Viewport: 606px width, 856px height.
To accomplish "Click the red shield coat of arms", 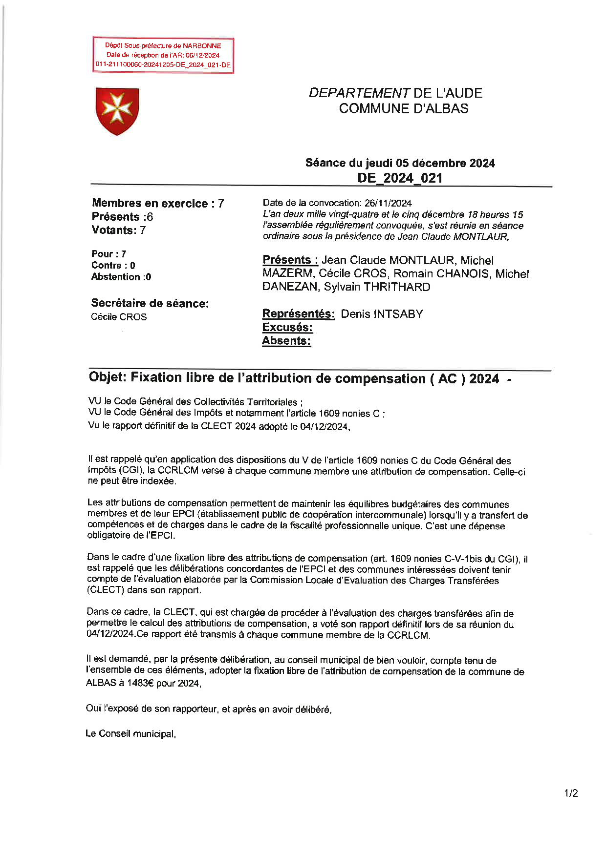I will tap(117, 111).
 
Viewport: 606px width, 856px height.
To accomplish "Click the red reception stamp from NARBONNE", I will tap(163, 55).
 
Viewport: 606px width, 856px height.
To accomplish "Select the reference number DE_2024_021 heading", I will tap(400, 178).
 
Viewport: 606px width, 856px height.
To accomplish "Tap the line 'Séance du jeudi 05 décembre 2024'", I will tap(400, 163).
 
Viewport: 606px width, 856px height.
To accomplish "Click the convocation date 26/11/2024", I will tap(388, 203).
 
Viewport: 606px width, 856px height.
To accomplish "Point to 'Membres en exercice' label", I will tap(150, 204).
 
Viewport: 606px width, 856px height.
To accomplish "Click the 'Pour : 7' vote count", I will tap(108, 254).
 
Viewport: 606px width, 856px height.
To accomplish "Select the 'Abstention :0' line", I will tap(121, 277).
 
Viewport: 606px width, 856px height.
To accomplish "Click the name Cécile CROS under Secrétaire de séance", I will tap(119, 317).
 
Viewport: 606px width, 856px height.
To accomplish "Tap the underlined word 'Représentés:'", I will tap(298, 314).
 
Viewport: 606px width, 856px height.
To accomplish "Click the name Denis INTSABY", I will tap(382, 314).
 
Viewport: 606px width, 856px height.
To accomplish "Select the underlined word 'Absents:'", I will tap(286, 341).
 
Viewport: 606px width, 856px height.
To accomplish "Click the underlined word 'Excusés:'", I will tap(287, 327).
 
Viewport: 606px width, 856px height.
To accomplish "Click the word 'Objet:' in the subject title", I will tap(108, 377).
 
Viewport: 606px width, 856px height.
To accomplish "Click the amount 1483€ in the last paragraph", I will tap(140, 683).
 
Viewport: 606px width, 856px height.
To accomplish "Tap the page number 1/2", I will tap(571, 793).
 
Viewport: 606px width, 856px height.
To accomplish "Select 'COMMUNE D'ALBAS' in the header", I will tap(404, 108).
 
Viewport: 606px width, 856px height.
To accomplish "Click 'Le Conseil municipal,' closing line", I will tap(130, 734).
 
